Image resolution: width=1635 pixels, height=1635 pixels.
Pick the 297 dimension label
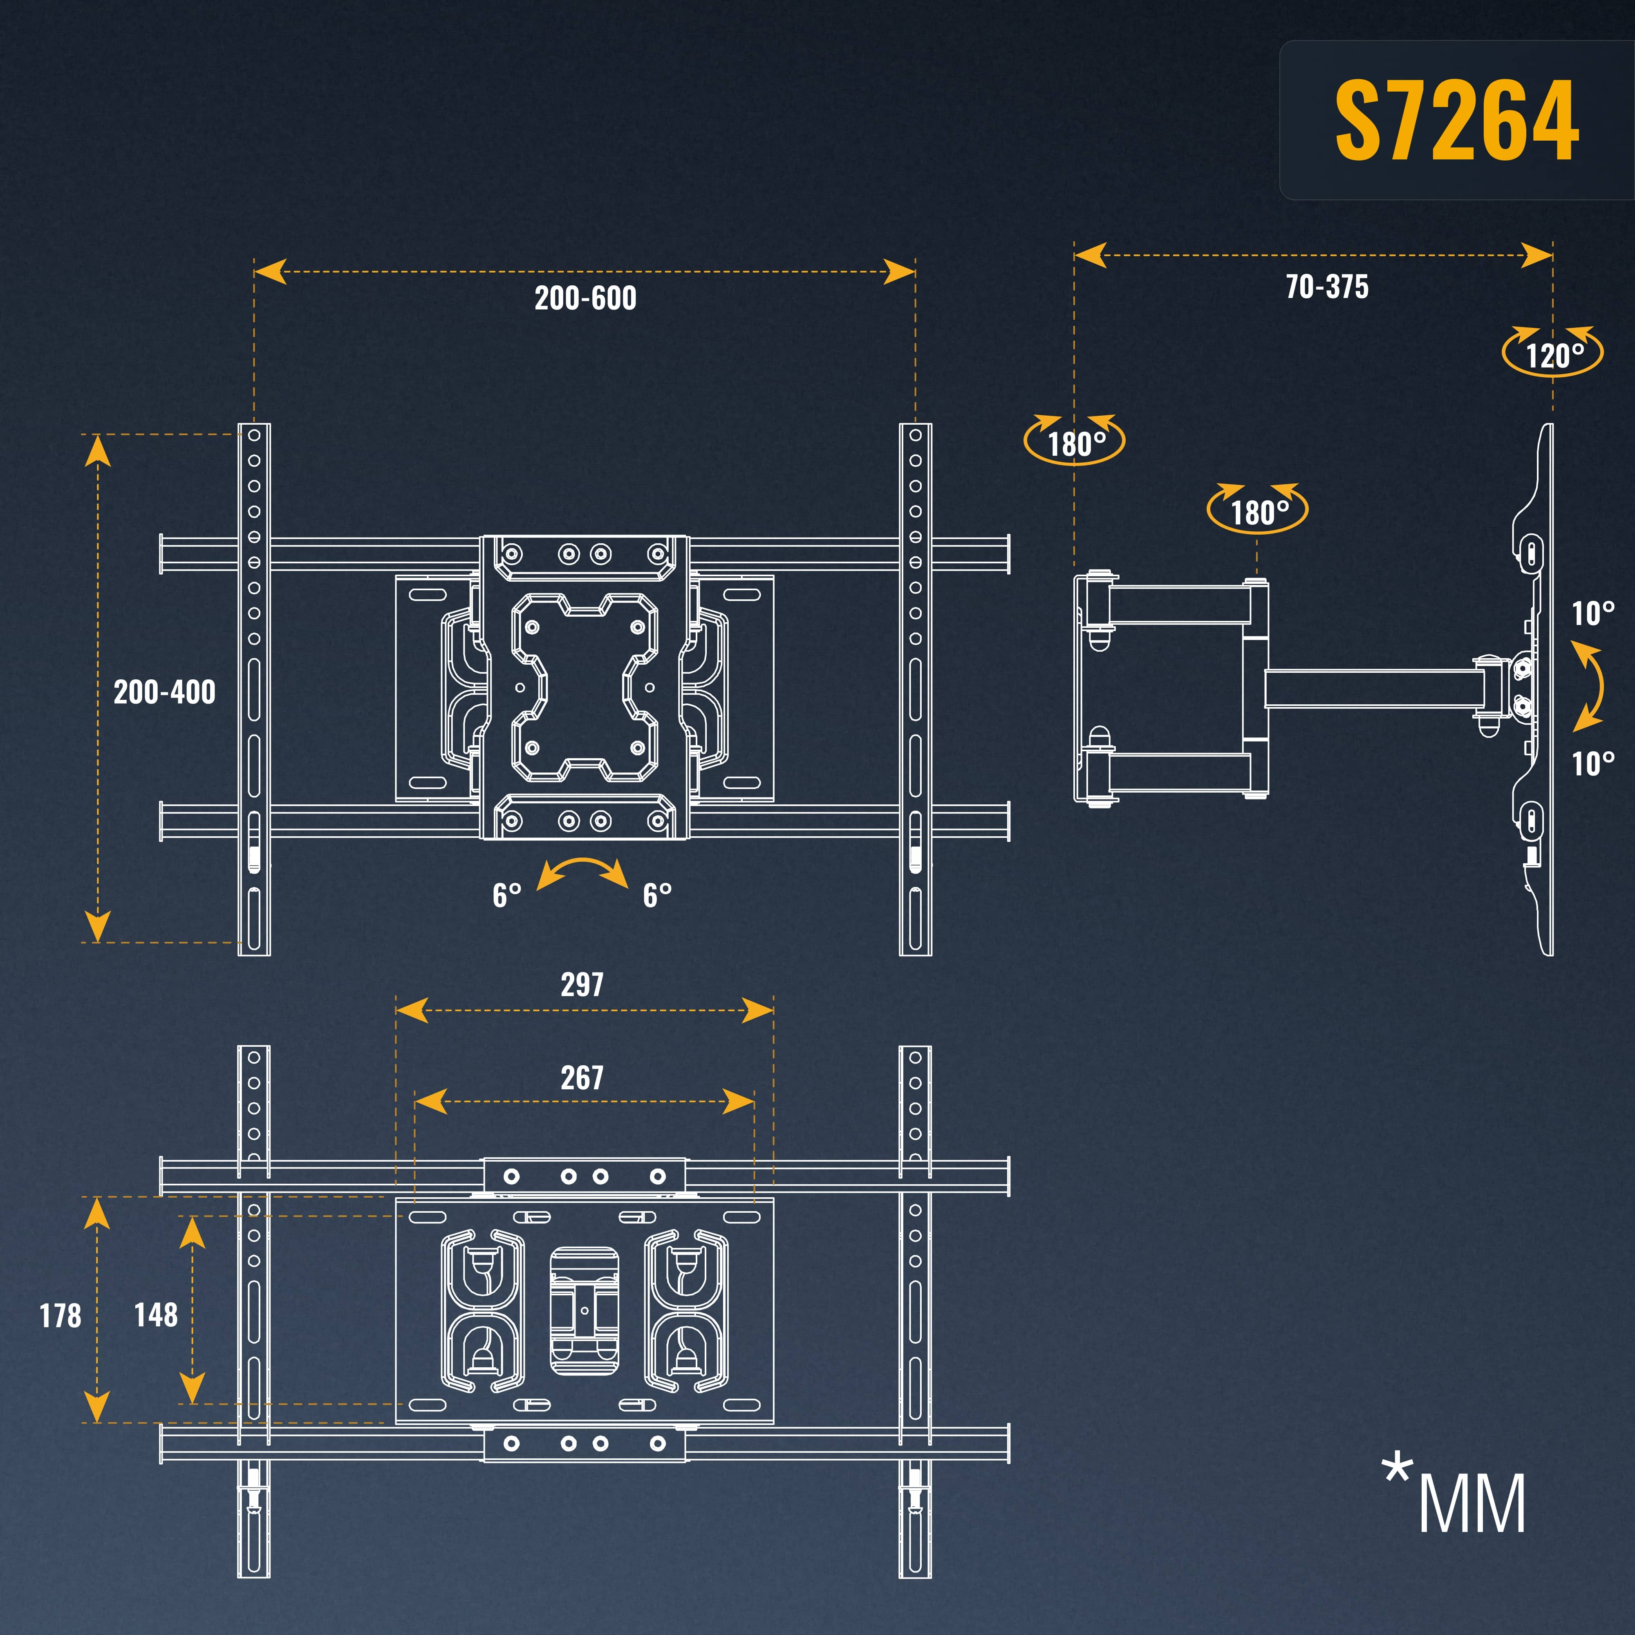coord(582,984)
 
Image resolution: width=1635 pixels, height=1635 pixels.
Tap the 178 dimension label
coord(61,1316)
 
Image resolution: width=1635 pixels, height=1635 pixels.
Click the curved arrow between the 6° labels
coord(582,872)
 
